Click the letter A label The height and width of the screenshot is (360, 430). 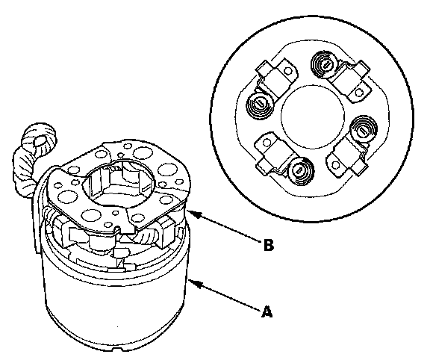pos(267,311)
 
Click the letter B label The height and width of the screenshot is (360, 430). pos(269,245)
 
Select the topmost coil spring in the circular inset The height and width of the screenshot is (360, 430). pos(325,65)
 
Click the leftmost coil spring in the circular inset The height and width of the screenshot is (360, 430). pos(260,105)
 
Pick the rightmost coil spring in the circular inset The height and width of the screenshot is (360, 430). pos(364,129)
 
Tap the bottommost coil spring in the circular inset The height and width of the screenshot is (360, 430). pos(300,171)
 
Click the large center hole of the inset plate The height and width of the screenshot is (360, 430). pos(313,117)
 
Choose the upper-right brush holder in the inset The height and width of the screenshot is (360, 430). pos(352,81)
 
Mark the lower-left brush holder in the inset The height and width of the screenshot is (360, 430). pos(273,154)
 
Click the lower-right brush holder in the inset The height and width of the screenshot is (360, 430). pos(347,156)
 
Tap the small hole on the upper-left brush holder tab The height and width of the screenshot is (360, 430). pos(287,72)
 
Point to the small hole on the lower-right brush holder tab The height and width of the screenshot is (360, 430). pos(335,165)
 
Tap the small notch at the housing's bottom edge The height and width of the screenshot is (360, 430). pos(117,350)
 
